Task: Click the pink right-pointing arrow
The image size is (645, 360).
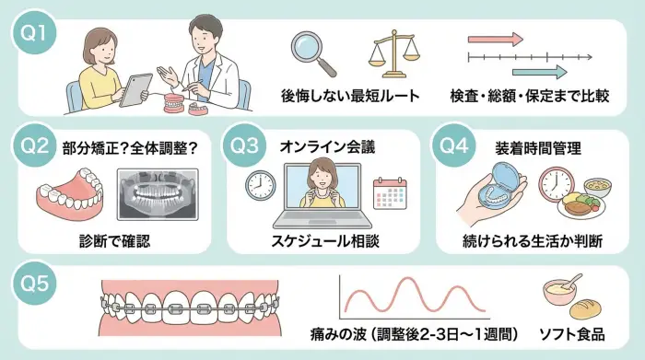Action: [495, 40]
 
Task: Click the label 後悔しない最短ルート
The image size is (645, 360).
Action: [350, 96]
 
